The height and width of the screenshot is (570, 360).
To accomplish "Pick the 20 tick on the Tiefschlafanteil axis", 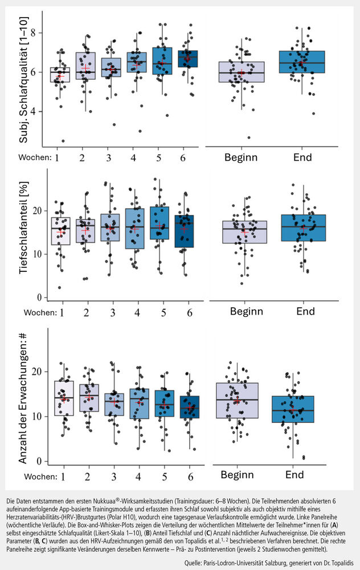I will [x=39, y=211].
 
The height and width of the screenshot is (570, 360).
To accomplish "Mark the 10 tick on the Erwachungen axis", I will [x=39, y=416].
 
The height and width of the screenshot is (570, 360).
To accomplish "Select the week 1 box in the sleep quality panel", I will [x=59, y=74].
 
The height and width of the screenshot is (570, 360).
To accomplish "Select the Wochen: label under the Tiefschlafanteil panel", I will [x=36, y=312].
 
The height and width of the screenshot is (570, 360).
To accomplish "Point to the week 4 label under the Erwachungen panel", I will [x=137, y=475].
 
